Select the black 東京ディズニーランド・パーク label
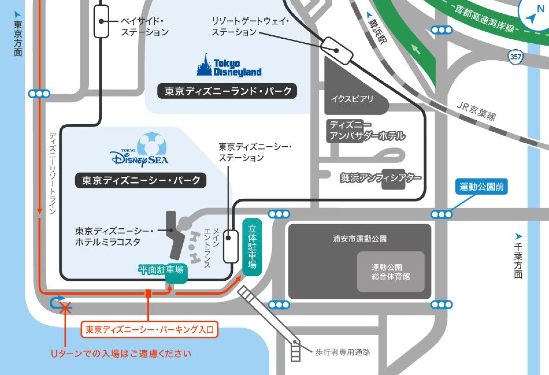coord(227,91)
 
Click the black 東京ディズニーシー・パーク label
coord(141,180)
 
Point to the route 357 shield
coord(515,57)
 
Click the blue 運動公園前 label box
coord(481,187)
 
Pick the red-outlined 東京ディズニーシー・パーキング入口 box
coord(149,329)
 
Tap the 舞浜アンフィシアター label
coord(380,178)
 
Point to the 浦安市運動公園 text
coord(360,239)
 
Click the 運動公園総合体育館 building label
coord(390,272)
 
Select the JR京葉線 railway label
coord(476,111)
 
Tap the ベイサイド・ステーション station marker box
coord(101,21)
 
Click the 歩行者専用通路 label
coord(343,352)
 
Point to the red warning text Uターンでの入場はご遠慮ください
coord(121,354)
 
